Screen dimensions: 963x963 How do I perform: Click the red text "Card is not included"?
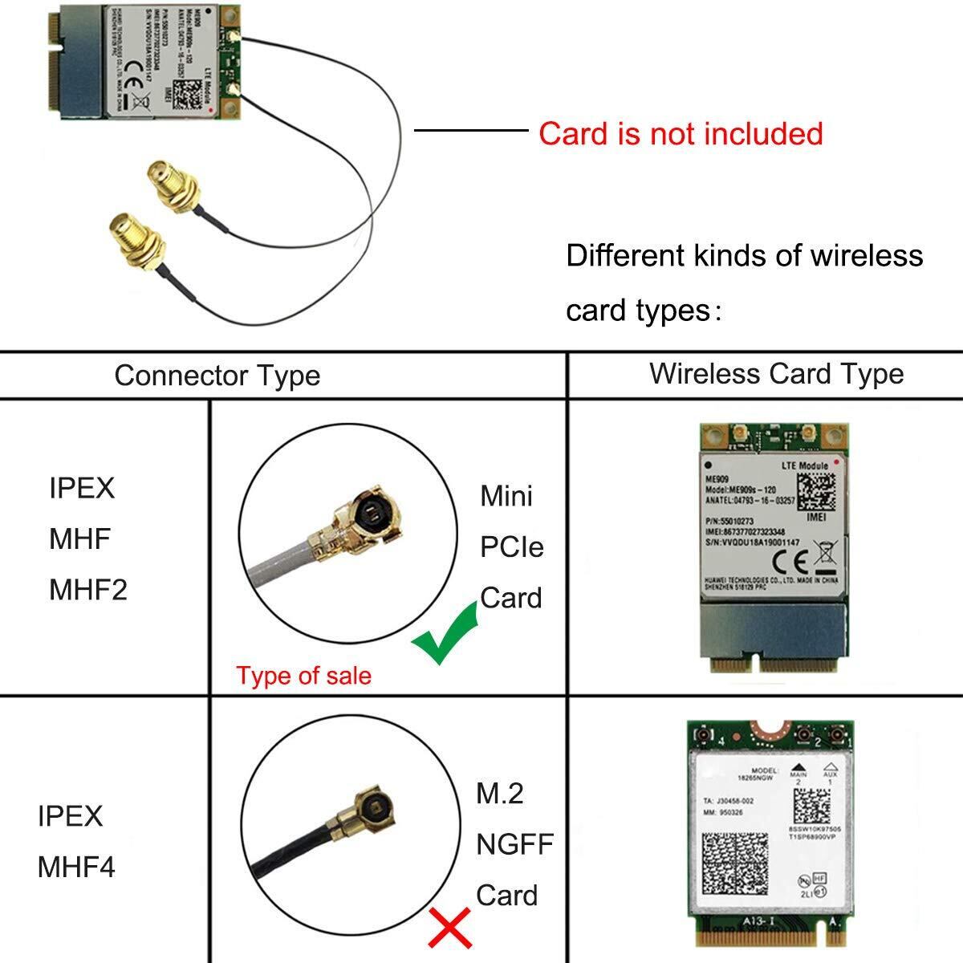681,133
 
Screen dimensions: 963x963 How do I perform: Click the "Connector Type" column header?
217,376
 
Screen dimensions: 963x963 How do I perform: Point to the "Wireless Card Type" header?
776,373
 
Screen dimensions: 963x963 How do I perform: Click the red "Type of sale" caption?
303,676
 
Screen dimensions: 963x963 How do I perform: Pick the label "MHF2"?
88,590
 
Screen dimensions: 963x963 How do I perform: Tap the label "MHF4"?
76,867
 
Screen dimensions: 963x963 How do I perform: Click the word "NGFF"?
514,844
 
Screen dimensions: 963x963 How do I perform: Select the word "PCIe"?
512,547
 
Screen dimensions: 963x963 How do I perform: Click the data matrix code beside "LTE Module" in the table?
816,492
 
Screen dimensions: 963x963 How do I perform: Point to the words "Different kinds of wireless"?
744,256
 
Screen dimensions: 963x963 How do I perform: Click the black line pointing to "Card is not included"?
470,129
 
